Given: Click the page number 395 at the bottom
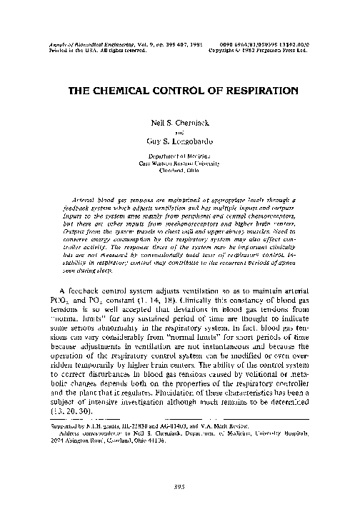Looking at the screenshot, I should tap(180, 488).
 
